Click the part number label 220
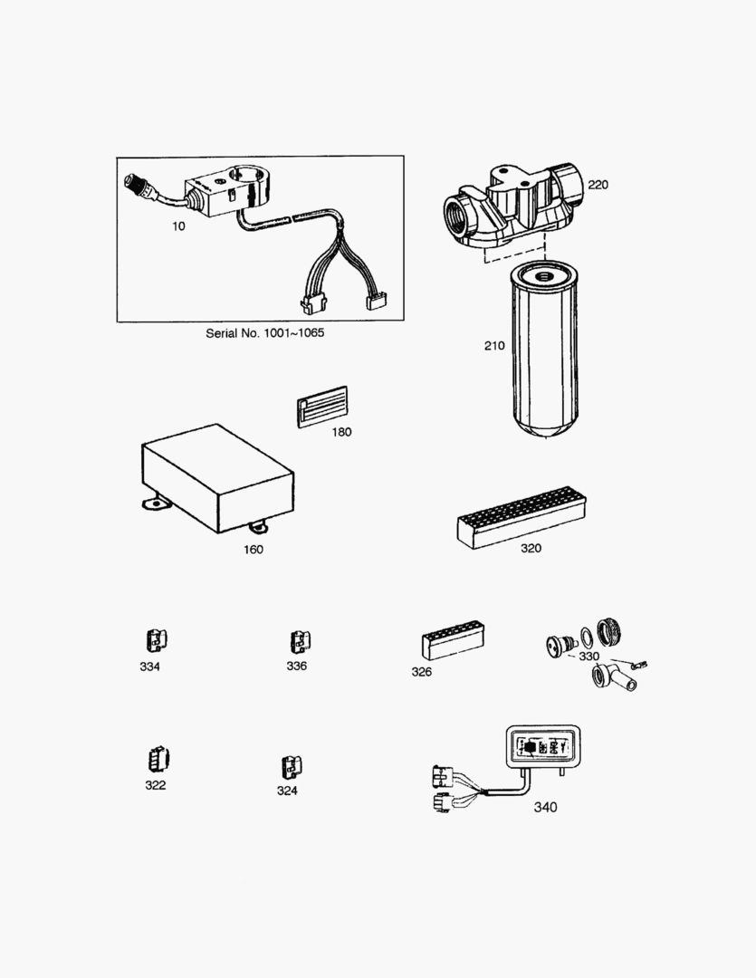click(598, 185)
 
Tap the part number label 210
click(494, 346)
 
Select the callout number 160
click(254, 550)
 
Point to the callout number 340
click(545, 807)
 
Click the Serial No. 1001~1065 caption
click(265, 333)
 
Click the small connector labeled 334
click(157, 640)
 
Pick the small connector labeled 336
click(300, 642)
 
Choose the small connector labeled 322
click(159, 759)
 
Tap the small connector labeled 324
click(291, 767)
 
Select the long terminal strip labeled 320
click(522, 518)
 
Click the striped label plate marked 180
click(321, 407)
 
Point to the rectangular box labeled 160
click(217, 479)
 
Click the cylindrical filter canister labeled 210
click(544, 349)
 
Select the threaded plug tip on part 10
click(134, 181)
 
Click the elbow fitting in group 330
click(613, 680)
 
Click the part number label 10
click(179, 226)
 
